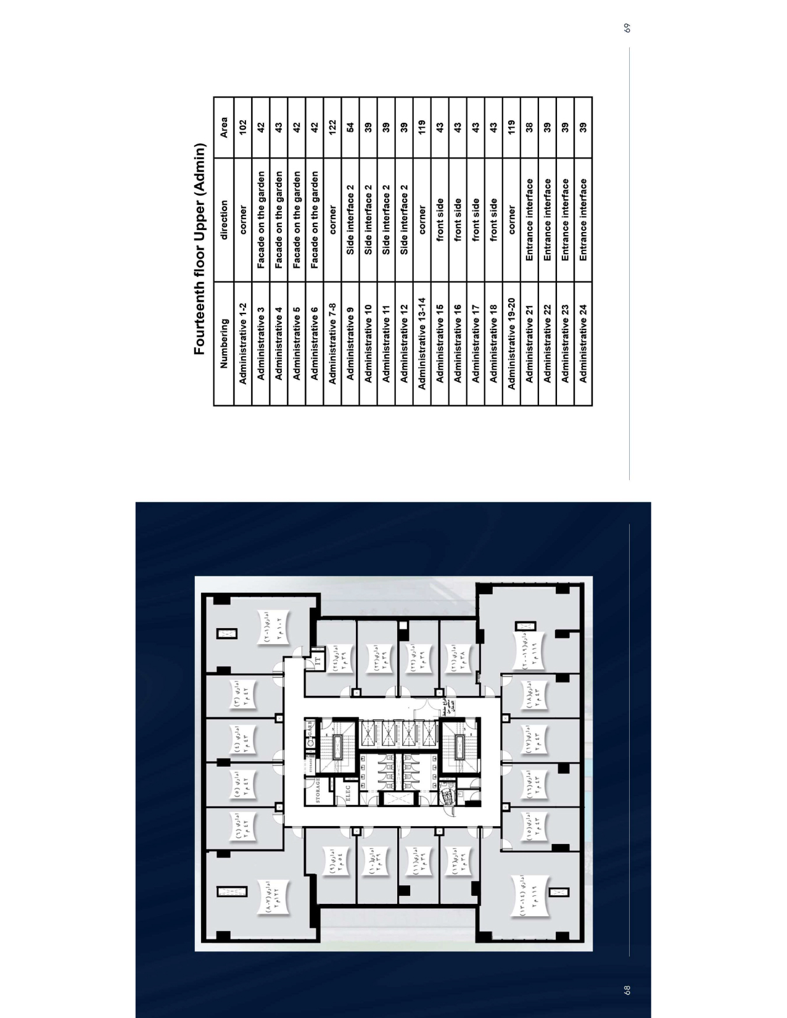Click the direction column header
224,220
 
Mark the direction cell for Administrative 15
440,220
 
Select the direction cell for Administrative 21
529,220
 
